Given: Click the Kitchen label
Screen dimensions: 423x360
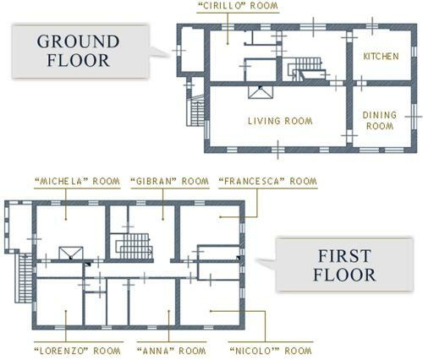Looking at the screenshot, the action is (x=381, y=57).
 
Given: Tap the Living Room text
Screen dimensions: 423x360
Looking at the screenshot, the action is (x=280, y=121).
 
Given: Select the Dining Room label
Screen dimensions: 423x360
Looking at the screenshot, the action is (x=380, y=120).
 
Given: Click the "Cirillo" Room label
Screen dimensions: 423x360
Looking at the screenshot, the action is (x=238, y=6).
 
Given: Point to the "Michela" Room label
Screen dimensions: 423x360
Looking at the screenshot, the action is (x=77, y=181).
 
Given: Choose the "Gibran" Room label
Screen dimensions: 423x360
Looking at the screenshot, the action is (x=170, y=181).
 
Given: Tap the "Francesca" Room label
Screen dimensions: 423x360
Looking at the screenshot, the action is (x=268, y=181).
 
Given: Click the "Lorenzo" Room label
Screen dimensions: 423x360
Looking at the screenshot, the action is (x=78, y=351).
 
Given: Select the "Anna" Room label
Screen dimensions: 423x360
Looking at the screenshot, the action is (x=172, y=351).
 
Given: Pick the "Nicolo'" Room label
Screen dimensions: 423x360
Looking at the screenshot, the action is (x=271, y=351).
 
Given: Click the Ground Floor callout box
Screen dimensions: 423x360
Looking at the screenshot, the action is (x=80, y=52).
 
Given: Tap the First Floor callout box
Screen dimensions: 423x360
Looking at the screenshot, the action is (x=344, y=265).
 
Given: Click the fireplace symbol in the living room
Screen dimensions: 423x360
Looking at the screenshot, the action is (x=261, y=92).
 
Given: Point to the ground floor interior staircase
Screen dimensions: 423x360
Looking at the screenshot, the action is (x=305, y=69).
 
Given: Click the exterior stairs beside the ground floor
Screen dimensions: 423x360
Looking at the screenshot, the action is (x=196, y=111).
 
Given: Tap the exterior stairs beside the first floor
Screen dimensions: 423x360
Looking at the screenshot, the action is (x=25, y=278).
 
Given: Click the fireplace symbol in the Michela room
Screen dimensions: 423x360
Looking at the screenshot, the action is (x=71, y=253).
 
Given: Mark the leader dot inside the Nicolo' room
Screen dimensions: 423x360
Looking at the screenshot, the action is (x=211, y=311).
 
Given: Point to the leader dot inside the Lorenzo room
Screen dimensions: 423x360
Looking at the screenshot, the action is (x=66, y=311).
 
